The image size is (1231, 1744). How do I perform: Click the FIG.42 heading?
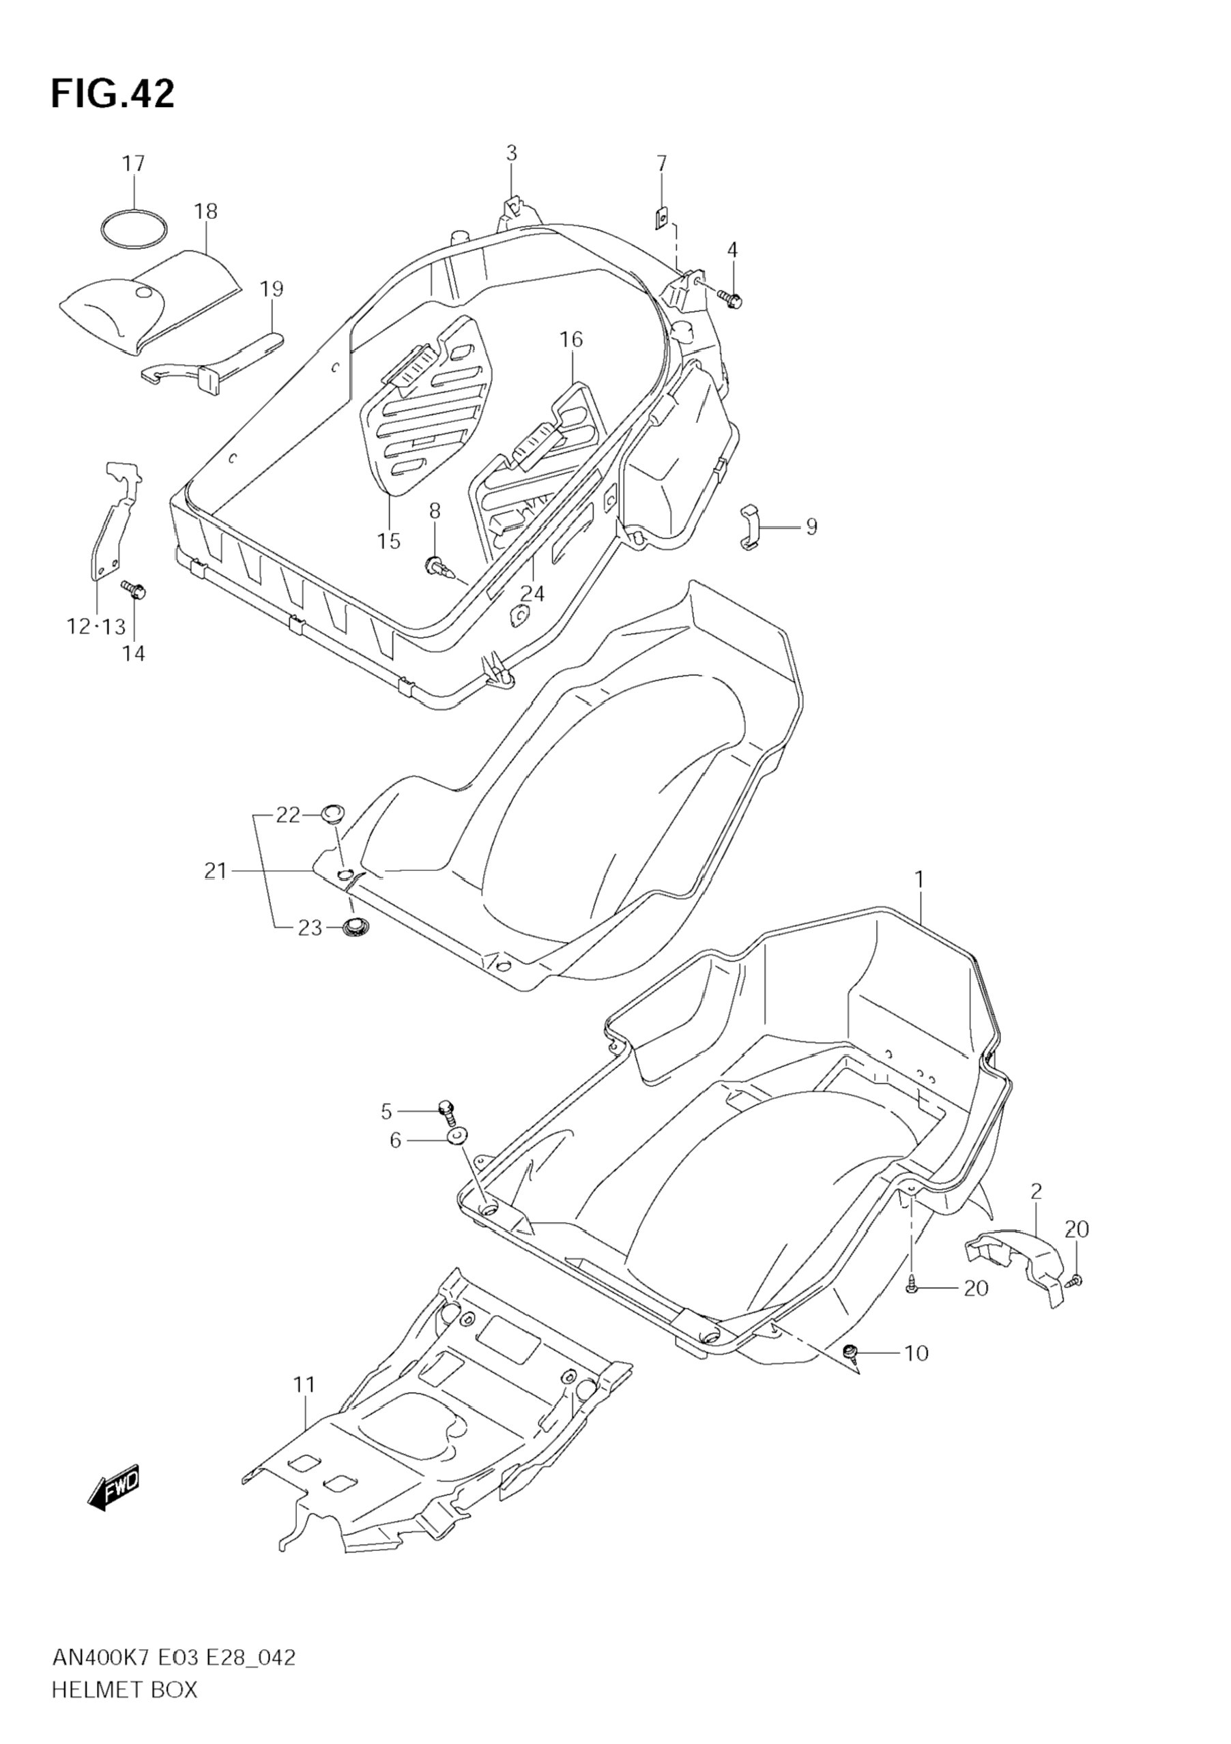pos(113,94)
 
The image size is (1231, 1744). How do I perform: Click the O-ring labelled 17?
pos(134,228)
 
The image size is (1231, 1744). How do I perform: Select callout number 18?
pos(205,211)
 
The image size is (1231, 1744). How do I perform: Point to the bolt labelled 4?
pos(732,301)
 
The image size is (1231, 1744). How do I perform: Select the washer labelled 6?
pos(458,1157)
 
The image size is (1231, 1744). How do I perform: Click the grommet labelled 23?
pos(353,927)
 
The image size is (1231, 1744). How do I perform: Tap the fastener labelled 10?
pos(851,1350)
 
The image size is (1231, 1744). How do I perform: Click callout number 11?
pos(304,1385)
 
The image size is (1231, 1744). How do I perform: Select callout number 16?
pos(571,340)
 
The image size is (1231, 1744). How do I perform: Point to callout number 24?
pos(532,593)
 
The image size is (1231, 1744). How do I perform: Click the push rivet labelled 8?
pos(436,563)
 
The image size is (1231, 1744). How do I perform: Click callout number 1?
pos(918,879)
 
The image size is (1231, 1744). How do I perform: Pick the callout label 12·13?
pos(95,627)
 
